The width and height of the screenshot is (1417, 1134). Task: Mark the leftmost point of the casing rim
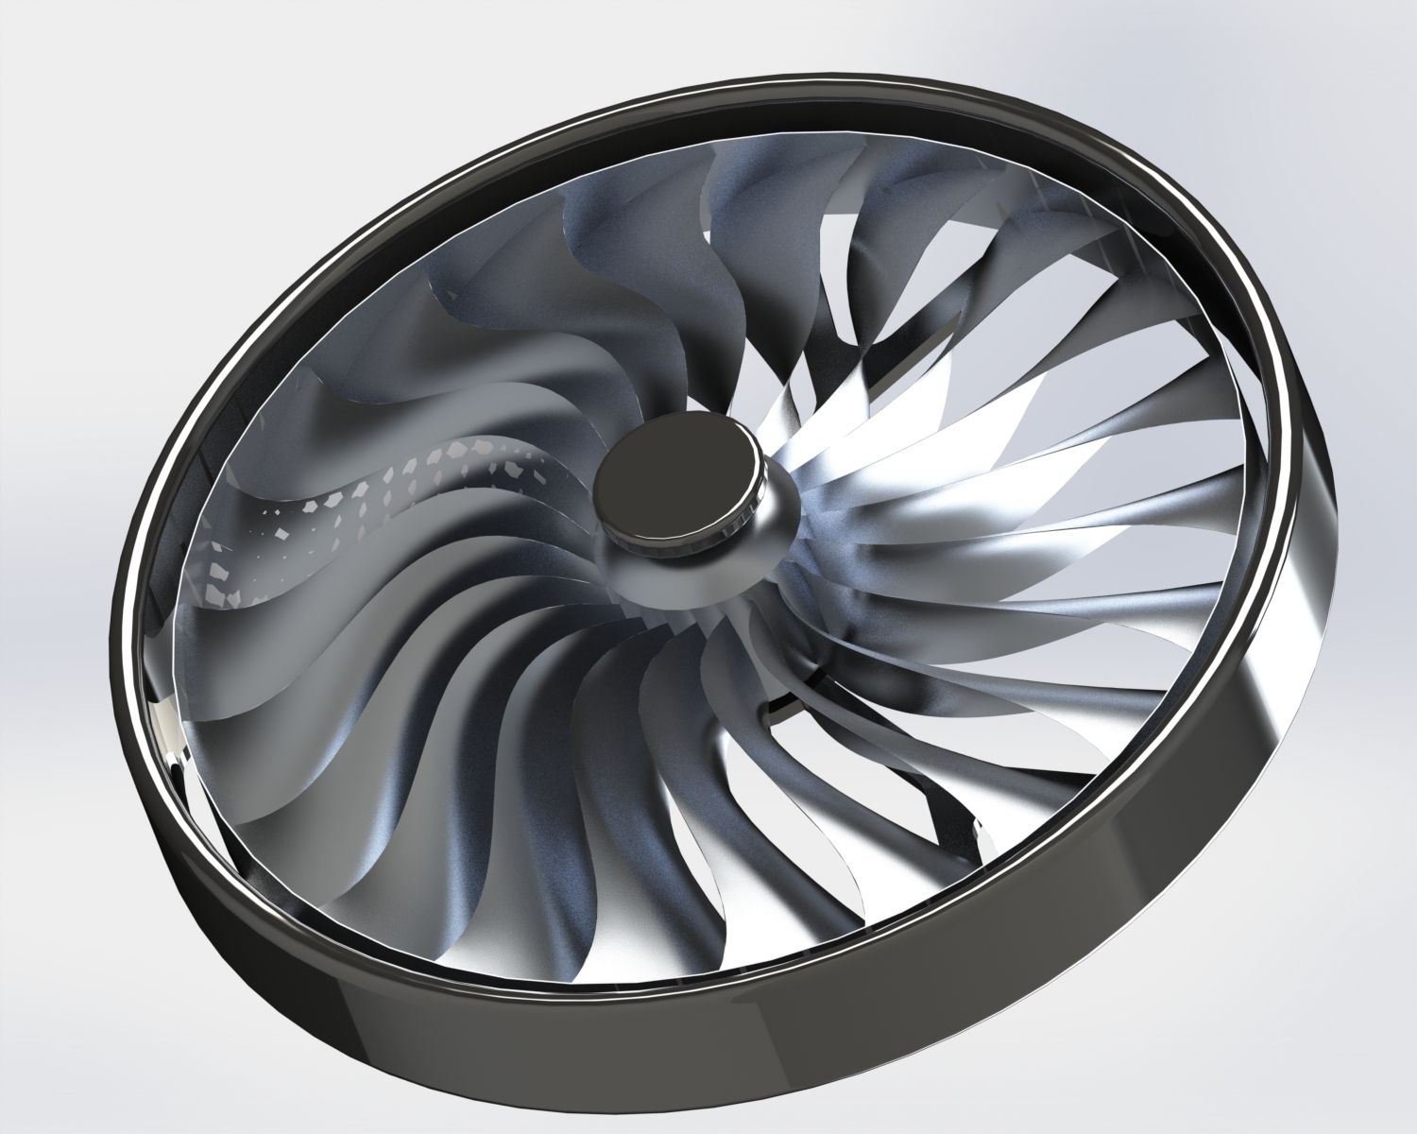(113, 605)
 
